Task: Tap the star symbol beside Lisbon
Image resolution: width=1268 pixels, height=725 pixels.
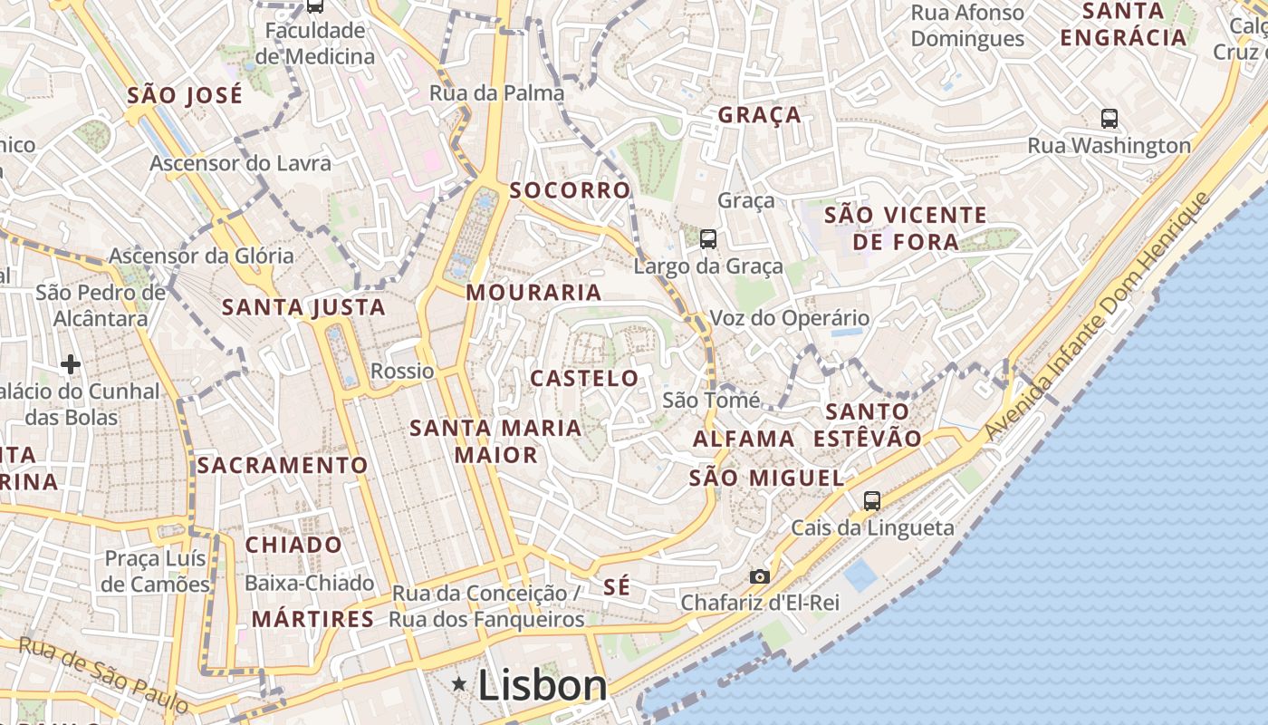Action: click(x=460, y=684)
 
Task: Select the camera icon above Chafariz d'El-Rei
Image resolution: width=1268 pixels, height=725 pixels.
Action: click(x=759, y=576)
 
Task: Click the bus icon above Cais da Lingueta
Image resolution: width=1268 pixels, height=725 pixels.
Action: click(x=871, y=500)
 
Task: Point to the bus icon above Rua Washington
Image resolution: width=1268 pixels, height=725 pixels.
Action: click(x=1109, y=118)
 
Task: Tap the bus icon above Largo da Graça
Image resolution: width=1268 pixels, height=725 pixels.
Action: click(x=708, y=239)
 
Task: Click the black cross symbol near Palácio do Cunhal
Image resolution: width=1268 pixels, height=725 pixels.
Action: click(x=71, y=364)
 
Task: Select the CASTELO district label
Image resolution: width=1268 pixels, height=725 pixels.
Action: click(x=584, y=378)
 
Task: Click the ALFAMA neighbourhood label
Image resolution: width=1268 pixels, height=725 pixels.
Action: click(x=744, y=439)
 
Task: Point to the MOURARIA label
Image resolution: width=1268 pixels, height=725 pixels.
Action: click(x=533, y=292)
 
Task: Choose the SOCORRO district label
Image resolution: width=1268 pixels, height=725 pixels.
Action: click(x=570, y=190)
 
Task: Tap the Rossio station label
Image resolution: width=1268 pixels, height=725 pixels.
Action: click(x=402, y=371)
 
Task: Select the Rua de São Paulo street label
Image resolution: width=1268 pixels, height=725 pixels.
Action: click(x=103, y=673)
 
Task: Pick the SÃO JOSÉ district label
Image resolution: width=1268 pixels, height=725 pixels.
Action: click(x=185, y=95)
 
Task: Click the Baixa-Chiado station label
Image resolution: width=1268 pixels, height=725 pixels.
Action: click(x=309, y=583)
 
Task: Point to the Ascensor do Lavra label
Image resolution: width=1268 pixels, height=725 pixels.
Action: click(x=240, y=163)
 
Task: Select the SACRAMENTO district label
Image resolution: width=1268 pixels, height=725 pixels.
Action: click(x=283, y=466)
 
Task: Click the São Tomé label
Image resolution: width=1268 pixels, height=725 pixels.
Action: click(x=711, y=400)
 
